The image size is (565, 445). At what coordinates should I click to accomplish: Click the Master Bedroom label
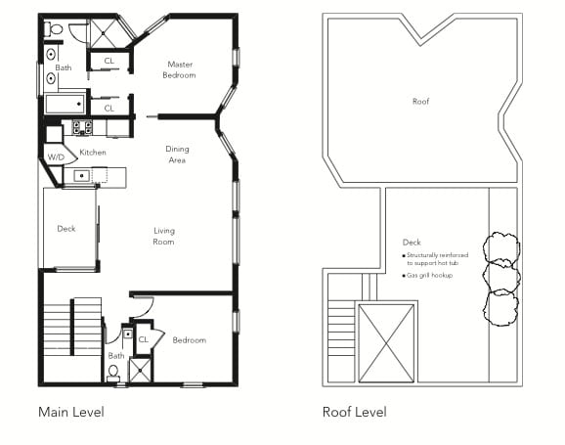coord(179,69)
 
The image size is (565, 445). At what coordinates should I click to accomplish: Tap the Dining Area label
coord(177,155)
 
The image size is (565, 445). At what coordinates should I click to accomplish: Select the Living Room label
coord(164,237)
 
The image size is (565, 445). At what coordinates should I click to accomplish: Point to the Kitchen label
coord(93,153)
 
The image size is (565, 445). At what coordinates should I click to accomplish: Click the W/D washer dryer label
coord(56,156)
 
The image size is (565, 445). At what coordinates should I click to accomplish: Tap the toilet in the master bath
coord(54,28)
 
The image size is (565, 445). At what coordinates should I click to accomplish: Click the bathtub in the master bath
coord(65,104)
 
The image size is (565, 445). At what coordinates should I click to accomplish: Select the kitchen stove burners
coord(82,127)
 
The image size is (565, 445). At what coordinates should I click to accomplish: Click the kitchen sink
coord(82,176)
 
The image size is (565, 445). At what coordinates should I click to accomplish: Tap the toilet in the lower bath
coord(113,373)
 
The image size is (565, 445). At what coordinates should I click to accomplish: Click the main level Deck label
coord(66,229)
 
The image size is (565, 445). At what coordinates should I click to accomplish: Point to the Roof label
coord(421,102)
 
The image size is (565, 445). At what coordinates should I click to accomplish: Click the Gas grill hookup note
coord(427,275)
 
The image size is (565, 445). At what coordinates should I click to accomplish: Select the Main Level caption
coord(71,412)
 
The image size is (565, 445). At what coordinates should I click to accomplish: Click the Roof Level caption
coord(355,412)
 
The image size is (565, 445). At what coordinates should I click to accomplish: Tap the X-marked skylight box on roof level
coord(386,343)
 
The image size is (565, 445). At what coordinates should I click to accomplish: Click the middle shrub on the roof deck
coord(501,277)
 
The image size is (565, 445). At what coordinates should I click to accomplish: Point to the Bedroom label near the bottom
coord(190,340)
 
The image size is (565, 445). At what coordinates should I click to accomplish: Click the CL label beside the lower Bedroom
coord(144,339)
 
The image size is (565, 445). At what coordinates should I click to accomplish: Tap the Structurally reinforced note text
coord(435,259)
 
